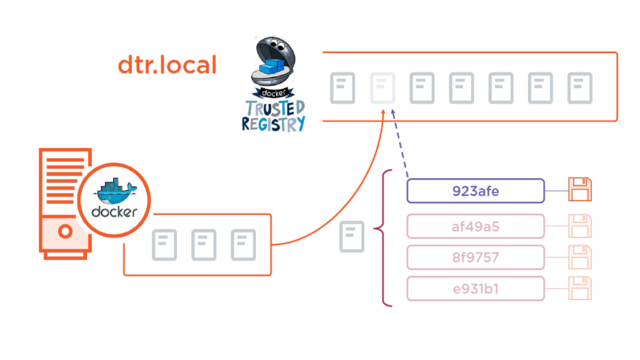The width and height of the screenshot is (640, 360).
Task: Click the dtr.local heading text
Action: click(x=167, y=65)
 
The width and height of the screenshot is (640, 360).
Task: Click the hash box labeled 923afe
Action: click(x=476, y=191)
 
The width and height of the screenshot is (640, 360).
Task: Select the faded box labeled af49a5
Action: click(x=476, y=226)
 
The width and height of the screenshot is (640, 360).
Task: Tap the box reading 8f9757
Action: click(x=476, y=257)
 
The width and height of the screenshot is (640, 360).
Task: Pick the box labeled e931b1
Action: click(x=476, y=289)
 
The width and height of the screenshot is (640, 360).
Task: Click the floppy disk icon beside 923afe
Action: click(x=580, y=190)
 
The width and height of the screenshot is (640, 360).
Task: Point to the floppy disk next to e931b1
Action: click(x=580, y=289)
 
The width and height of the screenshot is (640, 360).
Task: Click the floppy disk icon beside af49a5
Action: click(x=580, y=226)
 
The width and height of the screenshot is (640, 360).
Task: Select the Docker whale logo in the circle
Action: click(x=114, y=199)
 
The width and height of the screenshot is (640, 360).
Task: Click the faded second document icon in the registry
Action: click(x=382, y=88)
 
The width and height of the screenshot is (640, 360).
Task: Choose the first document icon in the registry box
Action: click(x=342, y=88)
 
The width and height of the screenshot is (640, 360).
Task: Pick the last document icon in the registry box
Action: click(x=579, y=88)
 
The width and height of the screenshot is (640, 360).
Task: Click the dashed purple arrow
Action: click(x=400, y=145)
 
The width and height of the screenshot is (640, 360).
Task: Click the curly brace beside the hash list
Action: click(x=382, y=237)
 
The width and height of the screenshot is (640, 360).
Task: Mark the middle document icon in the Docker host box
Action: click(x=204, y=245)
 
